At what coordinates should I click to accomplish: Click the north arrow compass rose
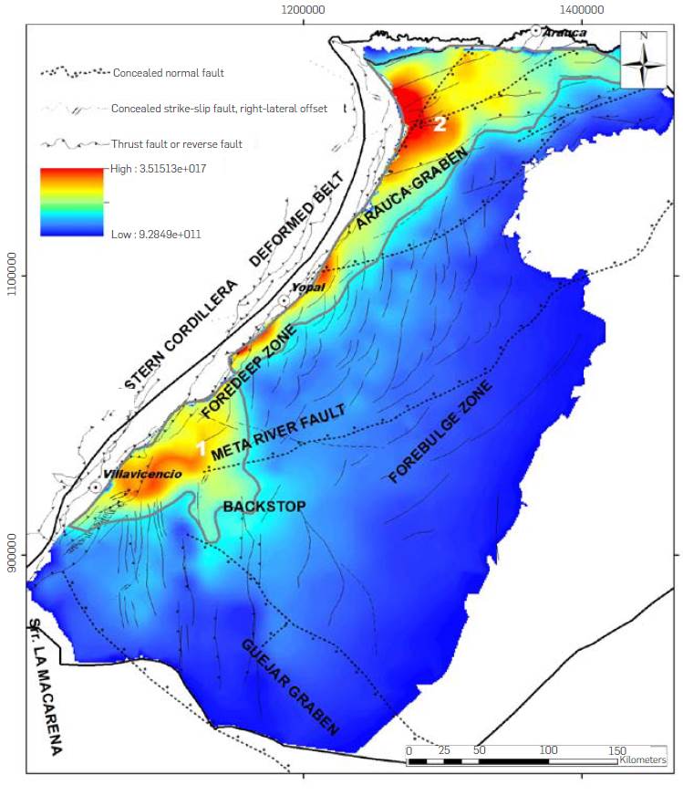tap(644, 58)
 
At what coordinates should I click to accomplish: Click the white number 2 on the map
tap(440, 124)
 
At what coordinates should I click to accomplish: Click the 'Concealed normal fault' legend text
tap(168, 72)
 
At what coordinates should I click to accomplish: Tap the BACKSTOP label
tap(264, 506)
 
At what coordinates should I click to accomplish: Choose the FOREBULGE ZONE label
tap(440, 432)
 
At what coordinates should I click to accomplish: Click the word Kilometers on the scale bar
tap(642, 759)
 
